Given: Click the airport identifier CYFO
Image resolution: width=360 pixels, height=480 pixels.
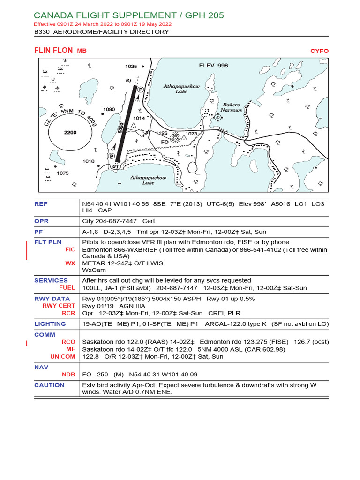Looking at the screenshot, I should point(319,51).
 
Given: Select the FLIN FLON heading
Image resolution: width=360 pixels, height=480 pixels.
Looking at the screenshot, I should point(53,51).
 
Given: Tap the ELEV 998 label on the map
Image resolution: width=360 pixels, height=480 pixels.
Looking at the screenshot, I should point(213,66).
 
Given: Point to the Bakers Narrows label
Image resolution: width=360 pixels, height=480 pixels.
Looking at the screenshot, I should point(231,107).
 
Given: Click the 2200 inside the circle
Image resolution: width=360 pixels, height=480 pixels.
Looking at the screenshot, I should point(70,133).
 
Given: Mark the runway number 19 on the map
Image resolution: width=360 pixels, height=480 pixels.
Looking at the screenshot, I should point(129,81).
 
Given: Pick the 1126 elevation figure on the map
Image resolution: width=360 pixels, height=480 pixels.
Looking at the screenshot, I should point(161,133).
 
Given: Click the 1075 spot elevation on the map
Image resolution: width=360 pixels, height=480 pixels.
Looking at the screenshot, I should point(62,173).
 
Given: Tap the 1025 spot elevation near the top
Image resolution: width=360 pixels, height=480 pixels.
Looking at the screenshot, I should point(131,67).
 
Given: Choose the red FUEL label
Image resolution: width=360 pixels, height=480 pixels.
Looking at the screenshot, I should point(67,288).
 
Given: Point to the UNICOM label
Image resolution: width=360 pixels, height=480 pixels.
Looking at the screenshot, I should point(62,356).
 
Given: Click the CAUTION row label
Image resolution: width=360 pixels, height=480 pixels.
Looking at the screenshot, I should point(49,385).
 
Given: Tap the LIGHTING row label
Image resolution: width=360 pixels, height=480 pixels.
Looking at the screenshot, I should point(50,323).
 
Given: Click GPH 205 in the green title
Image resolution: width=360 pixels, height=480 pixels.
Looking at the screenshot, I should point(202,15).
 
